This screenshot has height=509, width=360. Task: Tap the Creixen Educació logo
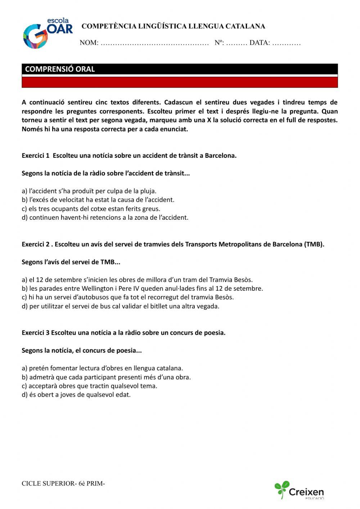click(x=299, y=490)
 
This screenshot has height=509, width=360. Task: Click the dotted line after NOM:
click(x=155, y=43)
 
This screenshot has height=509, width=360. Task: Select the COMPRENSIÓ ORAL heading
click(x=60, y=69)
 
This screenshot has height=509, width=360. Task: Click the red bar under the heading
click(x=180, y=82)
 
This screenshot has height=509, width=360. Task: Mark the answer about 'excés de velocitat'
click(x=98, y=200)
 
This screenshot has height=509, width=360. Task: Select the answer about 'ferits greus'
click(x=91, y=209)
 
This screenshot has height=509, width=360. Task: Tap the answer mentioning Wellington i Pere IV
click(x=142, y=289)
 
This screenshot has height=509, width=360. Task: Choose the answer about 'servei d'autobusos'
click(x=127, y=297)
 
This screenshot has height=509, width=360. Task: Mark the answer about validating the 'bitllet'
click(x=120, y=306)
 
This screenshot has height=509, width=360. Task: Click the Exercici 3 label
click(x=36, y=332)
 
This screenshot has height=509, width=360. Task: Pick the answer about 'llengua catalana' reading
click(x=102, y=368)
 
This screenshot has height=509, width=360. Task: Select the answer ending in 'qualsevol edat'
click(x=76, y=394)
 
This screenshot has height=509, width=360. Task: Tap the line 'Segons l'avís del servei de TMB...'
click(x=71, y=262)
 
